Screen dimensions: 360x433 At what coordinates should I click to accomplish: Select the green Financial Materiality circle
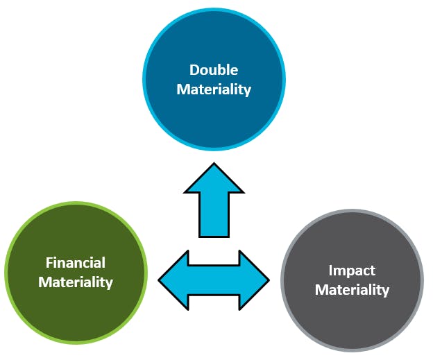(x=76, y=305)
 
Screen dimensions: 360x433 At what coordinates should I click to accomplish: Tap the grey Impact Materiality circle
(x=352, y=312)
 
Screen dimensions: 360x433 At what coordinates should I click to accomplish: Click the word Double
(x=214, y=70)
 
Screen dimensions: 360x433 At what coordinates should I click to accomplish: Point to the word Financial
(x=76, y=263)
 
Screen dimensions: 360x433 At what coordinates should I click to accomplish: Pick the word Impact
(x=352, y=270)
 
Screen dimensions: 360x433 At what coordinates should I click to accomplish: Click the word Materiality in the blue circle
(x=214, y=89)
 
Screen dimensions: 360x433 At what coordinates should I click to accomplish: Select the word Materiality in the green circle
(x=76, y=282)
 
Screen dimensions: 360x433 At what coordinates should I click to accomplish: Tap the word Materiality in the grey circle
(x=352, y=289)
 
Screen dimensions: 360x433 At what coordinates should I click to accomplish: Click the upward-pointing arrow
(x=214, y=201)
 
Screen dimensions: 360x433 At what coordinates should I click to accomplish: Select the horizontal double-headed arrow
(x=214, y=280)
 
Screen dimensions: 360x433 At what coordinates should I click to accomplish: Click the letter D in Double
(x=194, y=70)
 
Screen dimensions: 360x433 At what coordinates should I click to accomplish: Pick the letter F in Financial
(x=49, y=263)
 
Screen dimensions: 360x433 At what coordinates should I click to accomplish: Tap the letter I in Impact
(x=331, y=270)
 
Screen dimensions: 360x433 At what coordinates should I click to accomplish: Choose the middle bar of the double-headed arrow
(x=214, y=280)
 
